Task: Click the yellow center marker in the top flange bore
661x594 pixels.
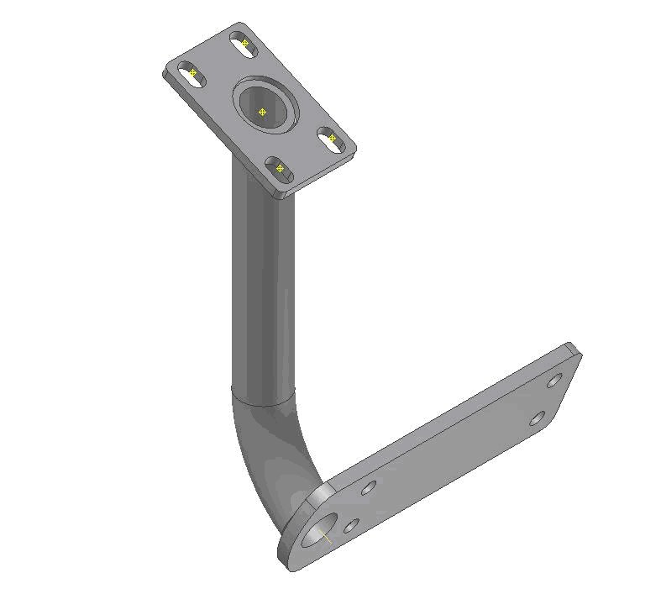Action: click(262, 112)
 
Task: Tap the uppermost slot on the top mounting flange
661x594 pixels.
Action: click(244, 44)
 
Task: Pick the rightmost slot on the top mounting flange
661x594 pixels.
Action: click(333, 139)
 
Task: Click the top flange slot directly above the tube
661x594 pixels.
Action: click(279, 169)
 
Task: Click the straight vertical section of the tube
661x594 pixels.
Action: click(263, 294)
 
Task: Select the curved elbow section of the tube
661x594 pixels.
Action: click(269, 454)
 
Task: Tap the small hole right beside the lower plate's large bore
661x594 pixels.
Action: click(351, 526)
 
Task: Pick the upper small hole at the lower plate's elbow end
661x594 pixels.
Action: click(368, 487)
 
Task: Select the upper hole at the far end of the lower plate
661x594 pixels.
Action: click(554, 381)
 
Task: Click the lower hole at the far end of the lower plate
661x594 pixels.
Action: click(538, 418)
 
